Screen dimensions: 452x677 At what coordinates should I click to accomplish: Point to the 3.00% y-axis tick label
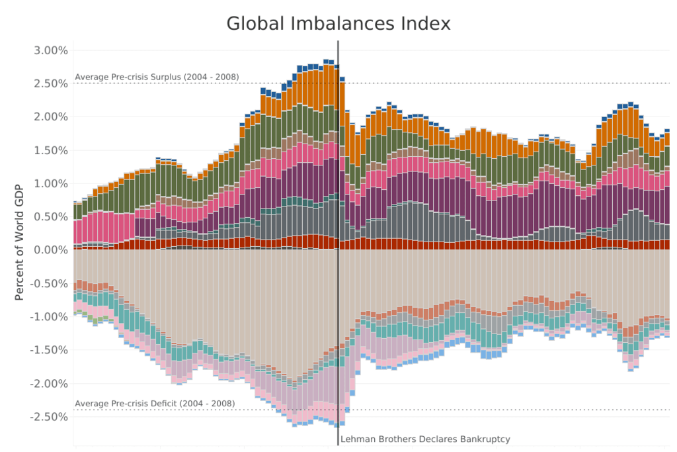pyautogui.click(x=50, y=50)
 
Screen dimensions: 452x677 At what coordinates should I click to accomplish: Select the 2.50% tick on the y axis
pyautogui.click(x=50, y=83)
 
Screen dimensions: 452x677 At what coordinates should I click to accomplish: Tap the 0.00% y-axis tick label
pyautogui.click(x=50, y=250)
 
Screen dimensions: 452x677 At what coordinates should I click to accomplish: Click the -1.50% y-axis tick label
pyautogui.click(x=48, y=350)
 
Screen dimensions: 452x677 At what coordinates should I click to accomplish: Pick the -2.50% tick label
pyautogui.click(x=48, y=417)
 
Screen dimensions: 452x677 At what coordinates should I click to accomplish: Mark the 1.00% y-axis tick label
pyautogui.click(x=50, y=183)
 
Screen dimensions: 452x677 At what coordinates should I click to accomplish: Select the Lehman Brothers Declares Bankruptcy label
pyautogui.click(x=425, y=439)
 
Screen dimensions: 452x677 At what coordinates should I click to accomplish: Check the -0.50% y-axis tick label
pyautogui.click(x=48, y=283)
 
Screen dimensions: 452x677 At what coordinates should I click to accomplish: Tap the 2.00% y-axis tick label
pyautogui.click(x=50, y=116)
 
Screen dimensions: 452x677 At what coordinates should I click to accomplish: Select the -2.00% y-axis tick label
pyautogui.click(x=48, y=383)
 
